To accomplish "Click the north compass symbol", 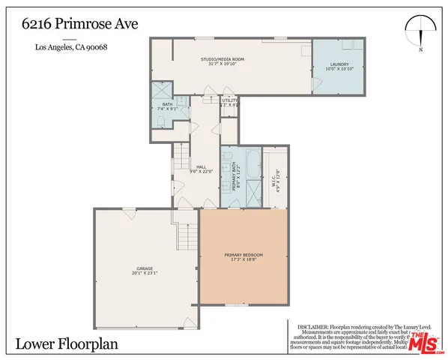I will point(422,33).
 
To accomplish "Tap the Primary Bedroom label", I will point(243,257).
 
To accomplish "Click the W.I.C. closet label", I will point(275,178).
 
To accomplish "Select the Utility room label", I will point(229,103).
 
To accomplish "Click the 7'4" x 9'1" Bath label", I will point(165,107).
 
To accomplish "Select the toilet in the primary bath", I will point(228,154).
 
